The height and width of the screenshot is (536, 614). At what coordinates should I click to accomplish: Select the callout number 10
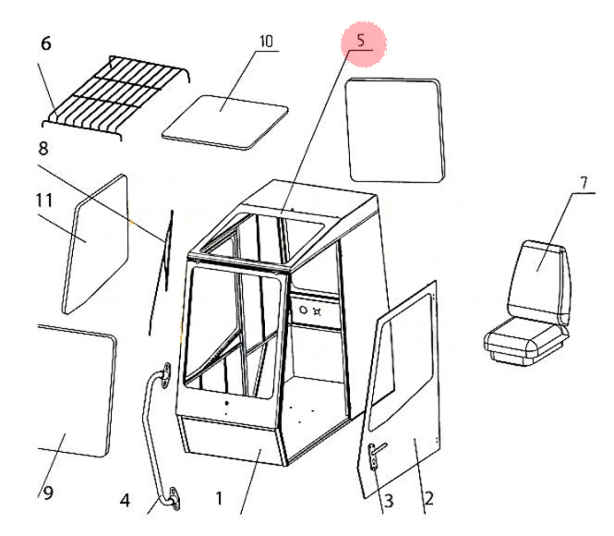pyautogui.click(x=266, y=42)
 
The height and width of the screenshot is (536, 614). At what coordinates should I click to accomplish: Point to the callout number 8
pyautogui.click(x=42, y=148)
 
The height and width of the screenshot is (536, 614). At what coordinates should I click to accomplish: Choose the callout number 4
pyautogui.click(x=125, y=502)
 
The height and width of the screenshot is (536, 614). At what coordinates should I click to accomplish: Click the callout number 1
pyautogui.click(x=219, y=498)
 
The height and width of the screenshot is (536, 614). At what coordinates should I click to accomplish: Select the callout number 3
pyautogui.click(x=389, y=501)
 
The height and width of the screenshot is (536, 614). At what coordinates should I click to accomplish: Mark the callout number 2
pyautogui.click(x=428, y=499)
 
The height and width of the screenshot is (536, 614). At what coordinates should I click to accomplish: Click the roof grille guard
pyautogui.click(x=115, y=92)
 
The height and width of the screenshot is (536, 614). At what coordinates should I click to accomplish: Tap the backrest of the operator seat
pyautogui.click(x=541, y=273)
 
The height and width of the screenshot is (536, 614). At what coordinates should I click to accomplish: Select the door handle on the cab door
pyautogui.click(x=376, y=455)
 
